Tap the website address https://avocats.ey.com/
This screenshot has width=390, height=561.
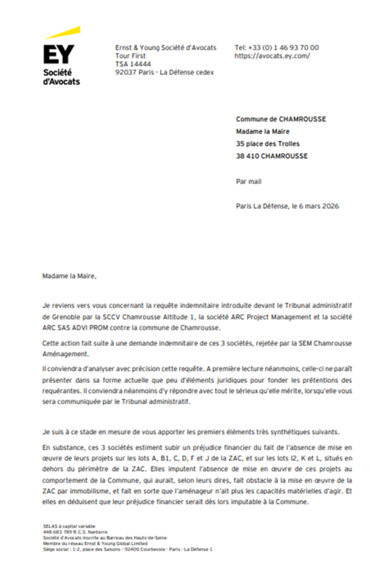[x=272, y=56]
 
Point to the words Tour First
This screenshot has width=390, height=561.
[x=130, y=56]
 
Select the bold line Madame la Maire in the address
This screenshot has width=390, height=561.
[x=263, y=131]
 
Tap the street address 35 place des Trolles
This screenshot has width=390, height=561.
[x=267, y=144]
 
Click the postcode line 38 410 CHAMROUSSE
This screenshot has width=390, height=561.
[x=271, y=156]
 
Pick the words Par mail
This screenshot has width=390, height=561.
[x=248, y=181]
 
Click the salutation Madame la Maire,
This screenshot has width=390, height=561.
[x=69, y=276]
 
